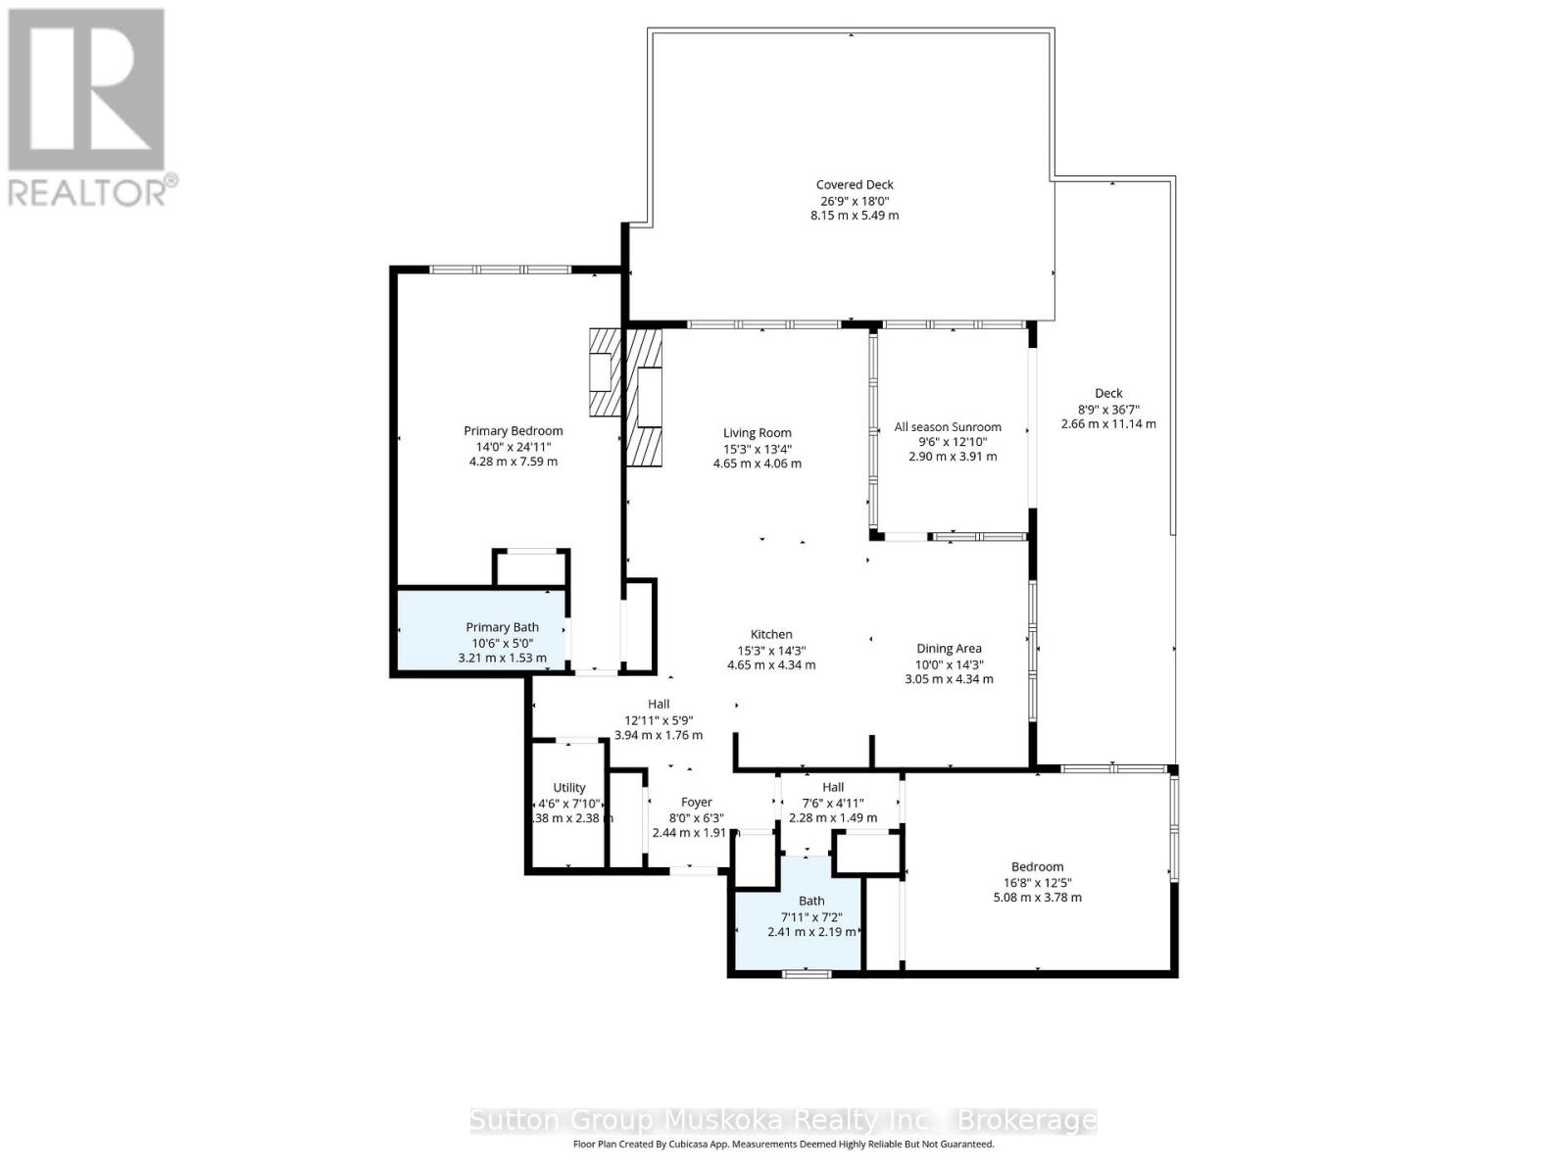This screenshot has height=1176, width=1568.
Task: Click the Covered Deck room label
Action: pos(855,184)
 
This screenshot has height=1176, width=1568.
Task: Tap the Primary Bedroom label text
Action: pos(513,430)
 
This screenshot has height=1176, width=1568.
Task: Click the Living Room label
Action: pos(757,432)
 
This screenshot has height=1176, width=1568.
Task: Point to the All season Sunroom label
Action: pos(948,426)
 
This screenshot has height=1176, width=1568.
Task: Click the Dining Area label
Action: pos(949,648)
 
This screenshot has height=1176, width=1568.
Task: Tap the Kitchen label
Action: pos(771,634)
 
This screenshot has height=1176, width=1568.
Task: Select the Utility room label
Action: pos(569,787)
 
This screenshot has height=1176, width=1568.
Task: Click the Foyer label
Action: pos(697,802)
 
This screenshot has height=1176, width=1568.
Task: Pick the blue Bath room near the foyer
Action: pos(799,916)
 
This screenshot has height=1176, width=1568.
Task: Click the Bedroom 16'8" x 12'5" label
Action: pos(1037,881)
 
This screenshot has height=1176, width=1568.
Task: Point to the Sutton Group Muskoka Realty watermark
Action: pos(783,1120)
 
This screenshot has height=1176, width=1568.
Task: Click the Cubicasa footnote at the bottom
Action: pos(783,1144)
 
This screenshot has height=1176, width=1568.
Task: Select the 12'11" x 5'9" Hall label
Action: pos(659,718)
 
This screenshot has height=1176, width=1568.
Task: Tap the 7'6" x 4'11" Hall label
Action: pos(833,802)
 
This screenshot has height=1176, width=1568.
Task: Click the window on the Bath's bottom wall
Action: pos(807,973)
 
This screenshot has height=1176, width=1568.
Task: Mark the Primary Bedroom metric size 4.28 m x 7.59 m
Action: pos(513,461)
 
